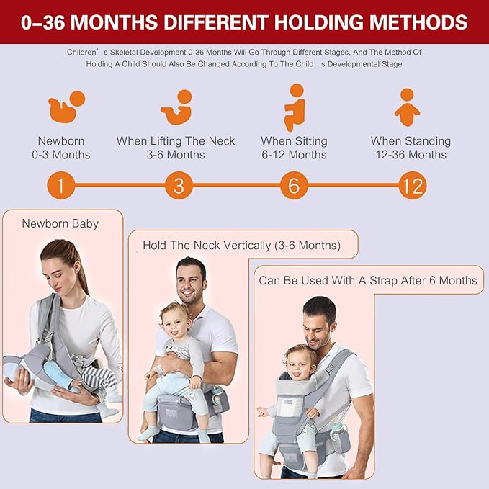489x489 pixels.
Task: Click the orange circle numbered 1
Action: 61,186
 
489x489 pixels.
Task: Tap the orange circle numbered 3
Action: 179,186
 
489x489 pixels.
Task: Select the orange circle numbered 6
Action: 293,186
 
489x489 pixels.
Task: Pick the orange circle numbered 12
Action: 412,186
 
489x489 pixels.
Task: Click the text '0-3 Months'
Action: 64,155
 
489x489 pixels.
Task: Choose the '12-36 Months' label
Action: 411,155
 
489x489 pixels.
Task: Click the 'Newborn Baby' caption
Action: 60,223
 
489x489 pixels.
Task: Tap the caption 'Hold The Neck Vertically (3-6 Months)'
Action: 241,245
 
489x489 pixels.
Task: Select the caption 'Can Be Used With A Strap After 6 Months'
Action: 368,280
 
